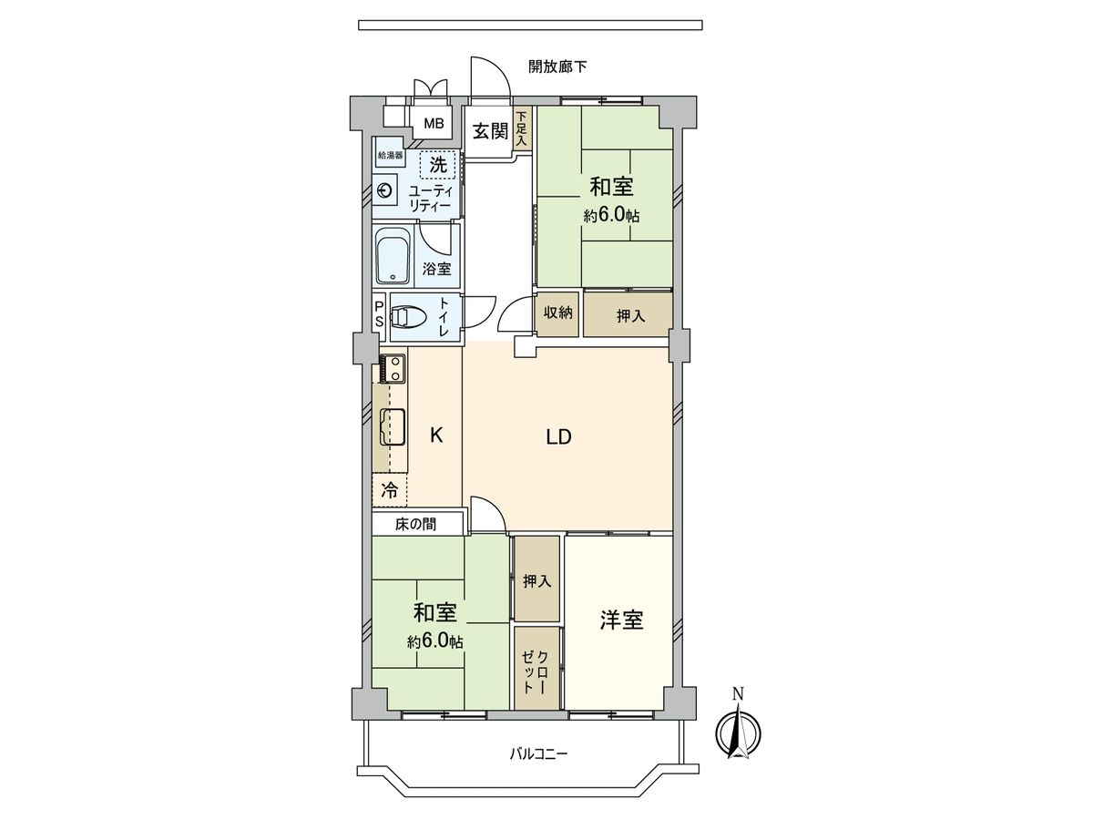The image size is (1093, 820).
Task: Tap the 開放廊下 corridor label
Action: (x=557, y=67)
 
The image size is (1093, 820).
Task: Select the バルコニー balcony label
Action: (x=537, y=754)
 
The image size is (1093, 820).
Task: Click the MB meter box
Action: (x=433, y=124)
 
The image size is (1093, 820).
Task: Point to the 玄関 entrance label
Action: (x=489, y=131)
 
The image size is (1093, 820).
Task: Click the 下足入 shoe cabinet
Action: (x=522, y=130)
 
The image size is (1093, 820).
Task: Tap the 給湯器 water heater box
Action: (x=391, y=156)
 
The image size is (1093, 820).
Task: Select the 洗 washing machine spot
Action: (x=438, y=165)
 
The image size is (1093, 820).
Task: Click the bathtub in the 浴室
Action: (x=393, y=256)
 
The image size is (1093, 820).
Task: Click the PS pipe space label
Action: (x=379, y=314)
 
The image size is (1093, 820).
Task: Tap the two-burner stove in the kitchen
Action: (x=393, y=368)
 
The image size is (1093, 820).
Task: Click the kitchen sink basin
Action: (x=393, y=426)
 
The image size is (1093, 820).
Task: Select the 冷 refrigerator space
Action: (x=389, y=490)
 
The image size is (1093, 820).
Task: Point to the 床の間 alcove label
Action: (x=415, y=524)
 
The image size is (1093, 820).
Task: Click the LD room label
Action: (x=558, y=437)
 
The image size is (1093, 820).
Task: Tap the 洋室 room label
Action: (x=621, y=620)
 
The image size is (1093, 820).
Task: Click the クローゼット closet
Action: (x=536, y=669)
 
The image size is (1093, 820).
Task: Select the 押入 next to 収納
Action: (x=629, y=315)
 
